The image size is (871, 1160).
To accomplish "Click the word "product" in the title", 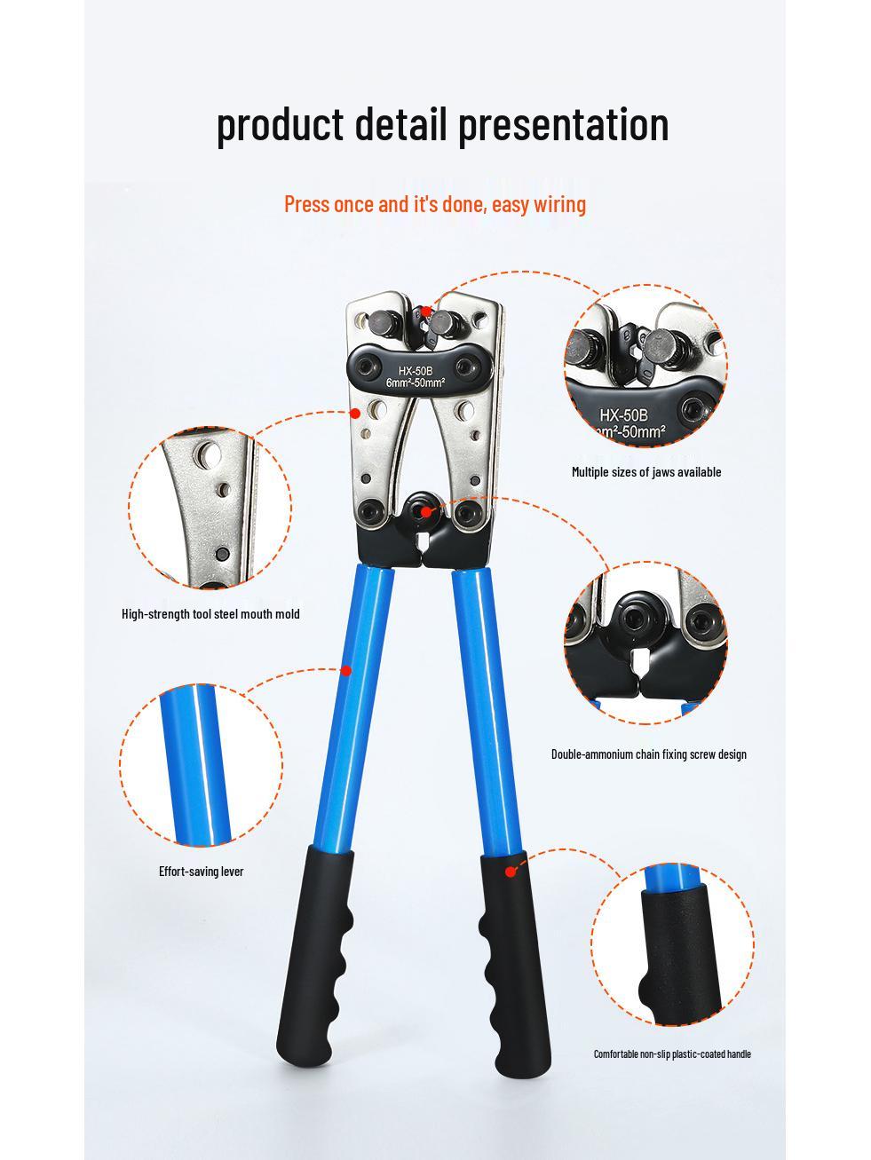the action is (280, 125).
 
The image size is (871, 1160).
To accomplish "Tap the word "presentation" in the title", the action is (564, 125).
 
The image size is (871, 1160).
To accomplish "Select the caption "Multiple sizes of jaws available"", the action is (646, 472).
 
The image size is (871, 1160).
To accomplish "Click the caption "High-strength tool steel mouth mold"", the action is (210, 614).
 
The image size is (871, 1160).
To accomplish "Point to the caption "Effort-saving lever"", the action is (202, 872).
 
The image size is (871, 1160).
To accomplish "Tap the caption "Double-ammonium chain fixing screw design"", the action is (648, 754).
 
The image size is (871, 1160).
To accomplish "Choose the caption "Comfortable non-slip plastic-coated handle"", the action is (672, 1053).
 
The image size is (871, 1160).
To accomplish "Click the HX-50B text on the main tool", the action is (415, 371).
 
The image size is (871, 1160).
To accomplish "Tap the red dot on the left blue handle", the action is (346, 671).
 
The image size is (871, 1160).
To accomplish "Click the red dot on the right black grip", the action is (510, 872).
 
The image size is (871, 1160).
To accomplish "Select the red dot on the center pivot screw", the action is (426, 511).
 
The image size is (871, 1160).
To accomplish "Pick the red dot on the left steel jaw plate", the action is (356, 413).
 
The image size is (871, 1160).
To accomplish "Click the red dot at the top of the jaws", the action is (426, 311).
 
